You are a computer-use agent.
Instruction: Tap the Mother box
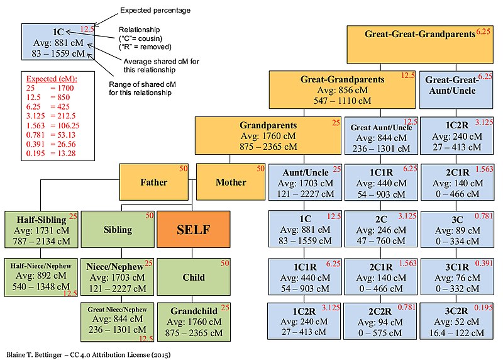point(231,182)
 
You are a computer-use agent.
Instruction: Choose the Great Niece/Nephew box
point(118,321)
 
